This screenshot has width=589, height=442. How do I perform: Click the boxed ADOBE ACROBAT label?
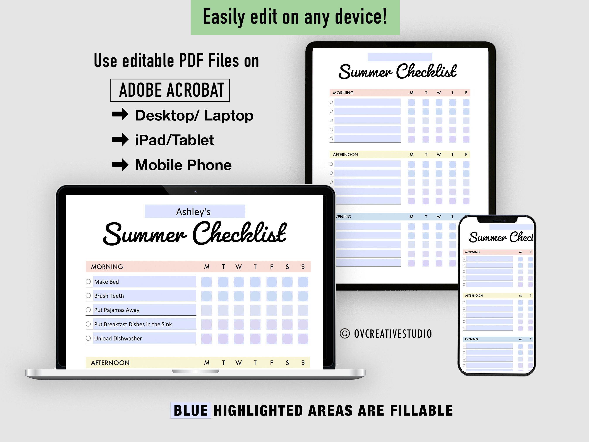pos(170,90)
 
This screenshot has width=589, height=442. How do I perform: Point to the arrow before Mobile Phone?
pos(120,164)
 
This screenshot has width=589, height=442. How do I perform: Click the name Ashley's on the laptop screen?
pos(193,212)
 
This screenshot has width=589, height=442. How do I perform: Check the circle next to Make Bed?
pos(88,282)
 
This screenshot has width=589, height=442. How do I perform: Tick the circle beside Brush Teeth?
pos(88,296)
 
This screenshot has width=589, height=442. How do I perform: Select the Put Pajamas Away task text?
pos(117,310)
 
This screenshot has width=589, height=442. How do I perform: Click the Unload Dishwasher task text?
pos(118,339)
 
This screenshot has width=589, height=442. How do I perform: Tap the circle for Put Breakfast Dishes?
pos(88,324)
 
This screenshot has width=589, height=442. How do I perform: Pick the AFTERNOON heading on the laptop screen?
pos(110,363)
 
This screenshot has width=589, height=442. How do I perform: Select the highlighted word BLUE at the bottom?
pos(191,411)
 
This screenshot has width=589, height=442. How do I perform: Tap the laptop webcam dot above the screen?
pos(195,192)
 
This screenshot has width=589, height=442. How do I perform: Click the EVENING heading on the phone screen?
pos(471,339)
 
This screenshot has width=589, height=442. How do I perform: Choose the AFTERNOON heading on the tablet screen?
pos(345,155)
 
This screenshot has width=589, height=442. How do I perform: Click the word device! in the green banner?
pos(361,17)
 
